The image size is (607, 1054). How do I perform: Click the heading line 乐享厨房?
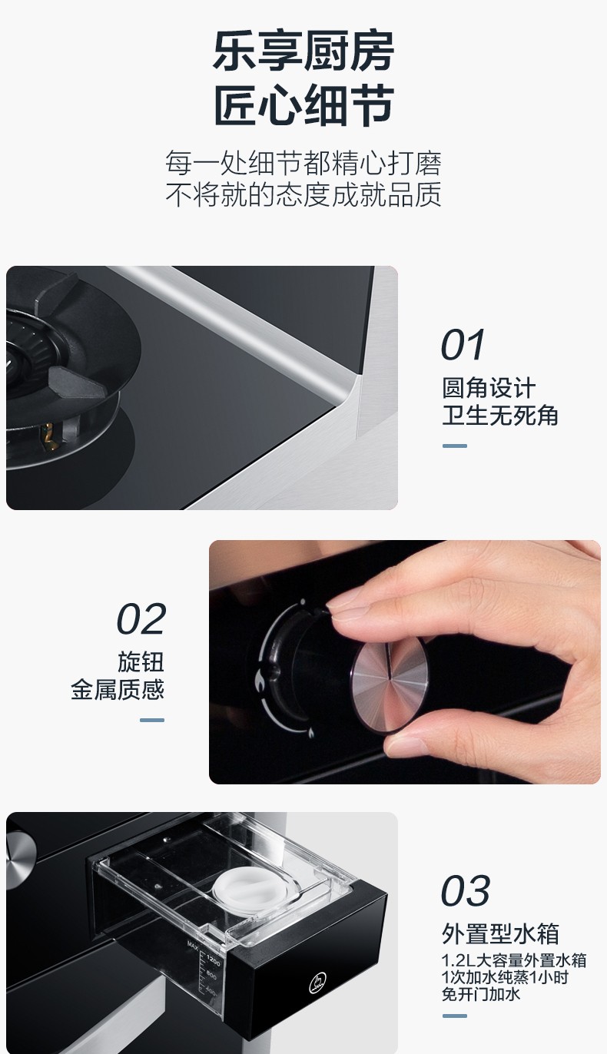(x=303, y=51)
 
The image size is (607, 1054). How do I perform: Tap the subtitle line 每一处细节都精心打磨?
(x=303, y=163)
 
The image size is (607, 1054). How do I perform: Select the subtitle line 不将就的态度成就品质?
(x=303, y=194)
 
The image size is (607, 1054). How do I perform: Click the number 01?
(x=463, y=345)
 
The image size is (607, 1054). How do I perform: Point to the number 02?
(x=141, y=619)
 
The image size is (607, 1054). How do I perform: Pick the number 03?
(x=466, y=890)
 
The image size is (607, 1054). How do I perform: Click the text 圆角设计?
(x=489, y=388)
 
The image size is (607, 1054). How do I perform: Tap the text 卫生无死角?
(x=500, y=415)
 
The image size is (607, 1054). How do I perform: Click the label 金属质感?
(x=118, y=689)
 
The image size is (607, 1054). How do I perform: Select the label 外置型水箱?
(x=501, y=934)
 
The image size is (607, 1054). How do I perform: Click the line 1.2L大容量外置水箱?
(x=514, y=960)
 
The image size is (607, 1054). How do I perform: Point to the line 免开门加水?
(x=481, y=994)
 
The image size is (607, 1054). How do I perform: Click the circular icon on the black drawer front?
(x=319, y=983)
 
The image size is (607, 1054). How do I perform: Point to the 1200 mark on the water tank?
(x=213, y=960)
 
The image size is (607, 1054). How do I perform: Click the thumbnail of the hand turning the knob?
(x=405, y=662)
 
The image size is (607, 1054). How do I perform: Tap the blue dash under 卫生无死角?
(x=455, y=446)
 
